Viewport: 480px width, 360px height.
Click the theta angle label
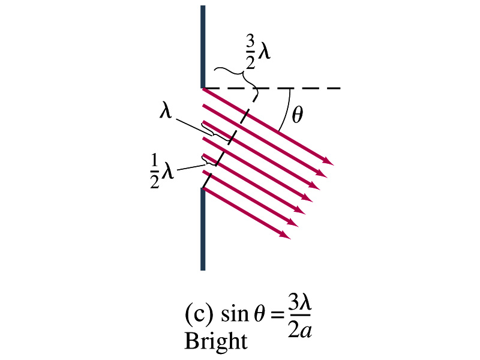pyautogui.click(x=297, y=115)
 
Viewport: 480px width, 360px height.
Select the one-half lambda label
pyautogui.click(x=162, y=171)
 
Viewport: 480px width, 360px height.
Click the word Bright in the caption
pyautogui.click(x=216, y=341)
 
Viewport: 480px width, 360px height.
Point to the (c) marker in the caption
pyautogui.click(x=199, y=314)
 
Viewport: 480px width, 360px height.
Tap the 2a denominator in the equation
pyautogui.click(x=299, y=330)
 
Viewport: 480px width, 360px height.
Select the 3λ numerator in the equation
pyautogui.click(x=299, y=303)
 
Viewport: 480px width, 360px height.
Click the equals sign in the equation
pyautogui.click(x=277, y=315)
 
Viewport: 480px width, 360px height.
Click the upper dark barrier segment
pyautogui.click(x=203, y=47)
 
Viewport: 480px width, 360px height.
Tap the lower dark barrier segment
pyautogui.click(x=203, y=229)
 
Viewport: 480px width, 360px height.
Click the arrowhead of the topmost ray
pyautogui.click(x=329, y=162)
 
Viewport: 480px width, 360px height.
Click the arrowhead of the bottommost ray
pyautogui.click(x=286, y=235)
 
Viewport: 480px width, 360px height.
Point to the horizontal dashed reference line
pyautogui.click(x=272, y=88)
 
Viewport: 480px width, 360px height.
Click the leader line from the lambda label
pyautogui.click(x=191, y=125)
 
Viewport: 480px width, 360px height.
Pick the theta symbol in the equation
pyautogui.click(x=259, y=314)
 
